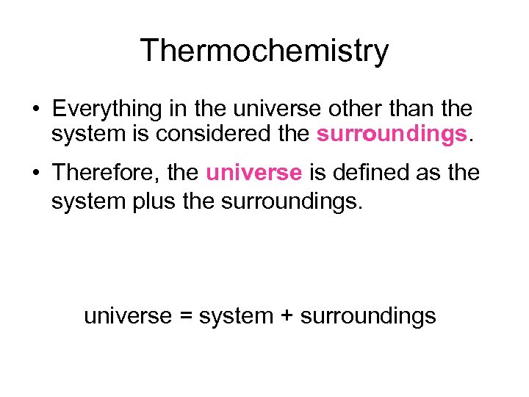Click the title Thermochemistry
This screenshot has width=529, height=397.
tap(264, 51)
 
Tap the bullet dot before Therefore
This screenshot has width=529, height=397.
tap(35, 174)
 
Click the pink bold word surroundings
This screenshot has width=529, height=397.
tap(392, 134)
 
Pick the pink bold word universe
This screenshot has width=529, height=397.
tap(253, 173)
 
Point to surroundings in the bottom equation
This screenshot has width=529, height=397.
tap(368, 317)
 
